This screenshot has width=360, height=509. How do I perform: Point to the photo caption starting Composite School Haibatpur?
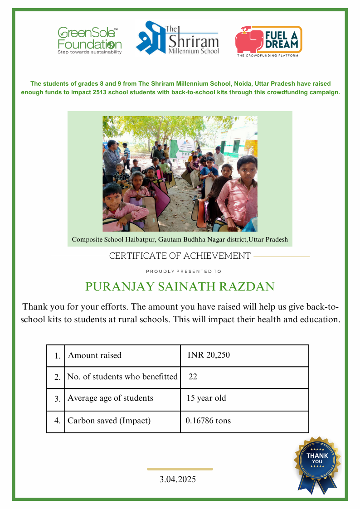180,239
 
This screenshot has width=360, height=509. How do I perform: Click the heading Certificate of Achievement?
180,256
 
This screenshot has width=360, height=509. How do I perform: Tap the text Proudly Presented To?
184,271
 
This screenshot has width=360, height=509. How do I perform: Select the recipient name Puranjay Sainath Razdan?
180,287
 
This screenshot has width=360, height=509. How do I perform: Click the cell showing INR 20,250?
209,355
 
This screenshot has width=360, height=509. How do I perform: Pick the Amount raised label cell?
95,355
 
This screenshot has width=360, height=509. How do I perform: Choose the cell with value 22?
193,377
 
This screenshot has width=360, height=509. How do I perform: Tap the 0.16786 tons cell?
208,421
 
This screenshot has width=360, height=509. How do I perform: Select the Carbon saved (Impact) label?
109,421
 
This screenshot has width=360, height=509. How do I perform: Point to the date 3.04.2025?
178,479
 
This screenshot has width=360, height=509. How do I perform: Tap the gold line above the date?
180,469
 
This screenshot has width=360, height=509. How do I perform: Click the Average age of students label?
110,398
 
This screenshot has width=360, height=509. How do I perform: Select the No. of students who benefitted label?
122,377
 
